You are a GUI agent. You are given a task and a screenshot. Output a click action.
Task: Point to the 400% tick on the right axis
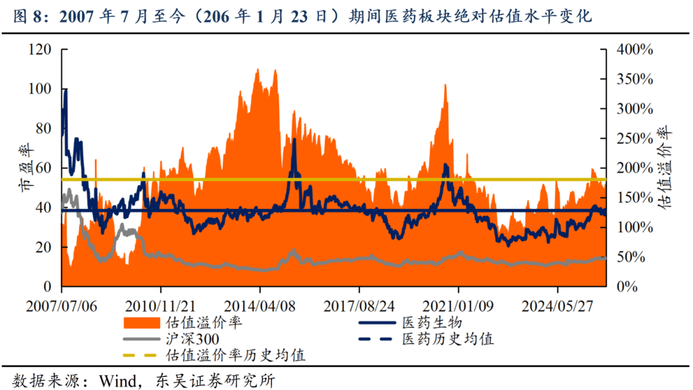click(x=635, y=49)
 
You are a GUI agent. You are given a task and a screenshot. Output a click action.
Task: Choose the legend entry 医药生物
click(x=432, y=322)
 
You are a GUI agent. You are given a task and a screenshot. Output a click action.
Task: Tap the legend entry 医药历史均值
click(x=447, y=339)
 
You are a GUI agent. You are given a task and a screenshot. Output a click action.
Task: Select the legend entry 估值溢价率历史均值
click(x=234, y=355)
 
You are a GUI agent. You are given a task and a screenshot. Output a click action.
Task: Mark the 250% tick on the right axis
click(x=635, y=139)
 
